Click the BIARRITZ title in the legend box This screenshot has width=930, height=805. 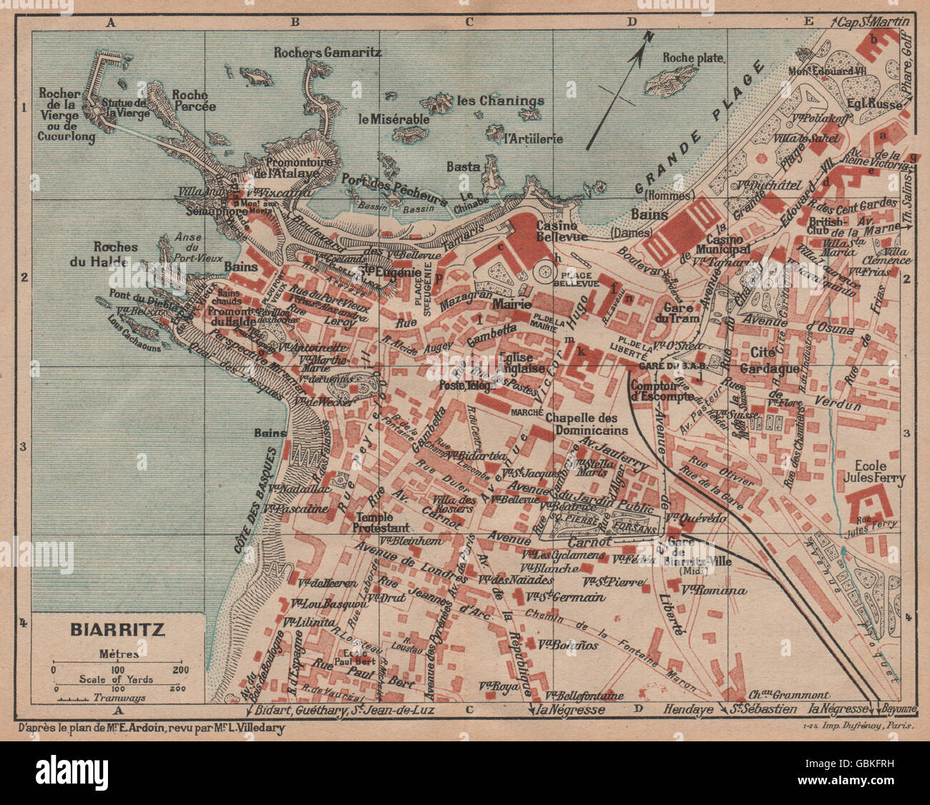[x=117, y=630]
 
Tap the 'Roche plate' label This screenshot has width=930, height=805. [x=693, y=58]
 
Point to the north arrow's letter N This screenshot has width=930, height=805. [x=648, y=36]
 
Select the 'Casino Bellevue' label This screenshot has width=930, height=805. [x=562, y=230]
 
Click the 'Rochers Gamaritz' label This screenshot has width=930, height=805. [x=328, y=52]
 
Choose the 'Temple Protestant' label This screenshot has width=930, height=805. [x=382, y=522]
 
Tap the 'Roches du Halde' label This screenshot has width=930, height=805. [x=115, y=254]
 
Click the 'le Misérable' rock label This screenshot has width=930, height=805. [x=394, y=119]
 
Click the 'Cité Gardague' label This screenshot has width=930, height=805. [x=774, y=360]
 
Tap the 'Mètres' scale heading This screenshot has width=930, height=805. [x=119, y=653]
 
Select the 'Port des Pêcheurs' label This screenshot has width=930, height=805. [x=394, y=189]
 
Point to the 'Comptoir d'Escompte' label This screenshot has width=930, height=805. [x=662, y=390]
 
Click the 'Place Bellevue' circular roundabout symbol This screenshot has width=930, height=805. [x=544, y=272]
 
